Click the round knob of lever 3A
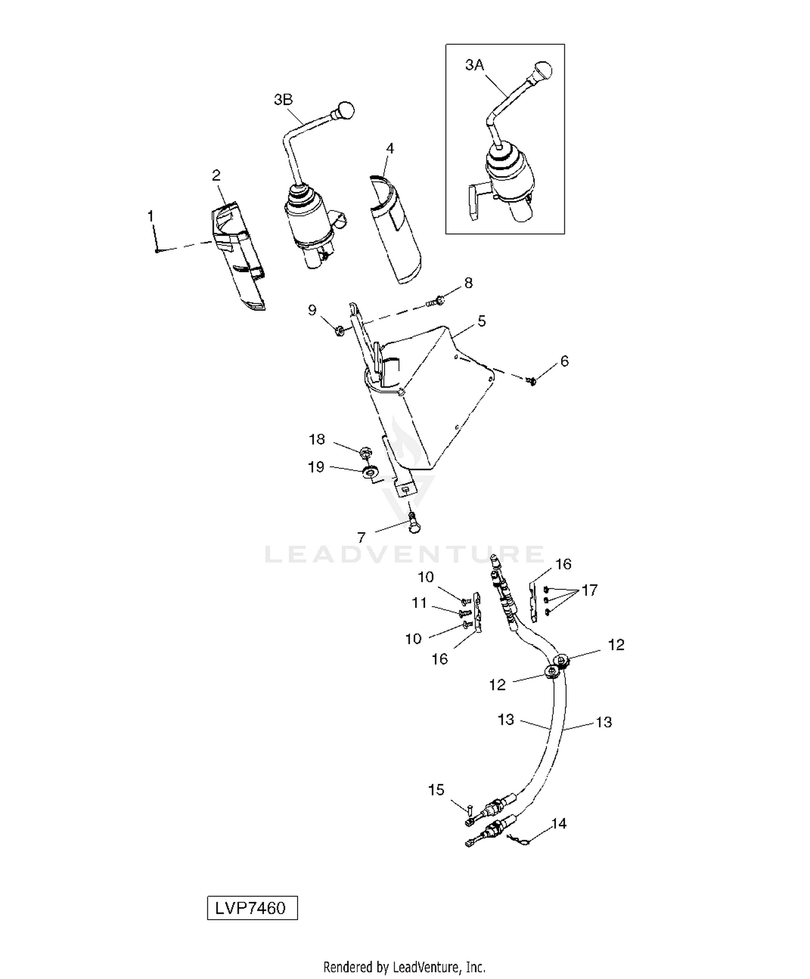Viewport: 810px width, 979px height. [543, 70]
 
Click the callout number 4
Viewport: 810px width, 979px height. [390, 148]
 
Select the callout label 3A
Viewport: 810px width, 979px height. [475, 65]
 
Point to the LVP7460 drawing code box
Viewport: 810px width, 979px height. [252, 908]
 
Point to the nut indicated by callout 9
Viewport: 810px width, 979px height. [340, 329]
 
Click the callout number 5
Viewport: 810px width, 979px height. [482, 321]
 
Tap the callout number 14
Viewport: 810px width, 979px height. [559, 824]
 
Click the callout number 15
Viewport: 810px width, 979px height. [436, 790]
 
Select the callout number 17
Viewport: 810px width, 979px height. [590, 590]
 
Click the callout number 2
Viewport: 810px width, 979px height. [216, 175]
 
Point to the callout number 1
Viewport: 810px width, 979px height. [151, 216]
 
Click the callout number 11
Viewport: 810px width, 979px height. [420, 603]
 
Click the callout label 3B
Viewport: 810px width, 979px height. [283, 100]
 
